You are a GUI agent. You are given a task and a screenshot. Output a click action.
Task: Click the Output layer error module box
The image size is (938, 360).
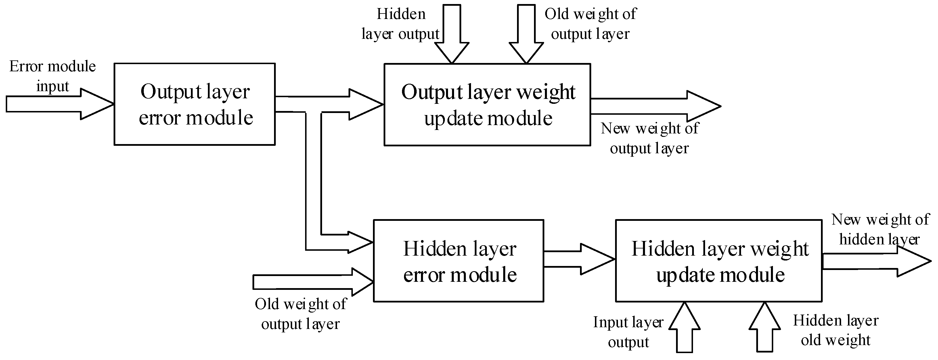[194, 104]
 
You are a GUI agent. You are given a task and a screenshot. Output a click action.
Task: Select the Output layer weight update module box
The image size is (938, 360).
[487, 105]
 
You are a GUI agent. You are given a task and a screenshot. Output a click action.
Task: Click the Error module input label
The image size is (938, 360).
[52, 76]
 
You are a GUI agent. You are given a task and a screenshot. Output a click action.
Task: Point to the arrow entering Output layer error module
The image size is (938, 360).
[58, 104]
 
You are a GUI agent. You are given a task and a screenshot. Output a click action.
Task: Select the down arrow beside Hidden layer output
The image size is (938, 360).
[452, 35]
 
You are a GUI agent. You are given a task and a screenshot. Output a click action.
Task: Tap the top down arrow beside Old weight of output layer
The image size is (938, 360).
[526, 35]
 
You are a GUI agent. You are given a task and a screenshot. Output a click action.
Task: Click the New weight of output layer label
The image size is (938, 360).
[650, 138]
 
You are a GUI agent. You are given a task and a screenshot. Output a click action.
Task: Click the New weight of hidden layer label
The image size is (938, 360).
[880, 230]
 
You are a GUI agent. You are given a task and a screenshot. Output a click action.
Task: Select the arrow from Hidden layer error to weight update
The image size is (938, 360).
[579, 259]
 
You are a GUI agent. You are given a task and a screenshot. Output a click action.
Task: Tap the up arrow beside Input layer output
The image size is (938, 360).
[685, 328]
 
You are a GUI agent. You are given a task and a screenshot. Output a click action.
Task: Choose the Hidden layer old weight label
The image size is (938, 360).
[836, 330]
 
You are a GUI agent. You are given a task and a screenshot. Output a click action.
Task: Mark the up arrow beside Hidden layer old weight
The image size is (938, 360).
[765, 328]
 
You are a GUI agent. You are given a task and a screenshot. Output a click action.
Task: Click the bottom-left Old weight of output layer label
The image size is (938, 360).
[300, 314]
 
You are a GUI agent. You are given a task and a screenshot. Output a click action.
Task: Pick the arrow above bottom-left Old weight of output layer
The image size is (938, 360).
[313, 282]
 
